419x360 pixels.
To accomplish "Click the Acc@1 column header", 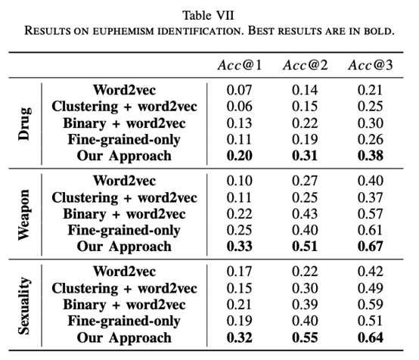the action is point(240,65).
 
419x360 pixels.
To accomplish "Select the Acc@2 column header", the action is point(305,65).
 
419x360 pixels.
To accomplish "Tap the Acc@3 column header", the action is point(371,65).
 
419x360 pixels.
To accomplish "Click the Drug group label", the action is point(25,124).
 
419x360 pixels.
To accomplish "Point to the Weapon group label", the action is point(25,215).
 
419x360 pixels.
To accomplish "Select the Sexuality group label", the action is point(25,306).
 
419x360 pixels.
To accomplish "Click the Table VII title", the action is point(209,15).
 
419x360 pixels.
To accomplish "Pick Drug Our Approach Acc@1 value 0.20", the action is point(240,156).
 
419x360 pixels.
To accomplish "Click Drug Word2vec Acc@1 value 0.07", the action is point(240,90).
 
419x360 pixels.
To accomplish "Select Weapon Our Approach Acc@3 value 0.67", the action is point(371,247).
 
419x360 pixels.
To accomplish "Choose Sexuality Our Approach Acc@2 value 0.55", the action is point(305,337).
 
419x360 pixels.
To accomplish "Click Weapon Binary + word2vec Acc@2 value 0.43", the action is point(305,214).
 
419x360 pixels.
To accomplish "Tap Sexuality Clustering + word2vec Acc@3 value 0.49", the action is point(371,288).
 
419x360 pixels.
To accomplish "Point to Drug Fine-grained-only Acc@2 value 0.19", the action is point(305,139).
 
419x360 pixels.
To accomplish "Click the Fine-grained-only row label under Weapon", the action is point(124,231).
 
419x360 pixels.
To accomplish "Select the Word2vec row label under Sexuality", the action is point(125,272).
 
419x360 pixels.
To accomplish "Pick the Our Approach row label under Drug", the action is point(124,157).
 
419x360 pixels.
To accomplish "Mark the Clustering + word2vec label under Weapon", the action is point(124,198).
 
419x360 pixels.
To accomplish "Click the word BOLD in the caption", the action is point(379,31).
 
